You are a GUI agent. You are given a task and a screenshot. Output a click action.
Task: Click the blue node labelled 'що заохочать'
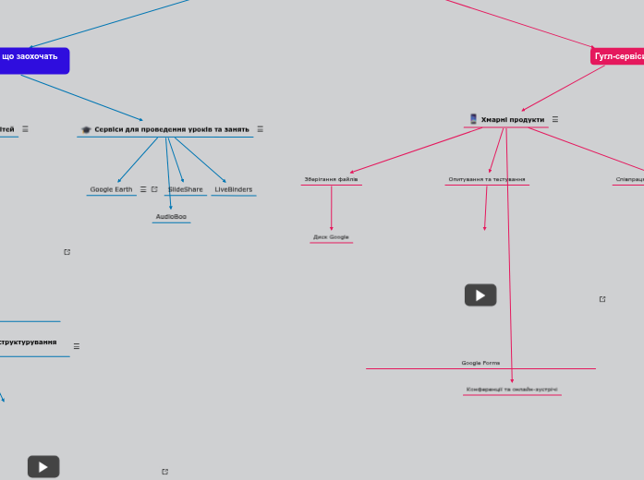coord(31,57)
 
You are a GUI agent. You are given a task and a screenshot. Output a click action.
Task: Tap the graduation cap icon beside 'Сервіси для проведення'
coord(86,129)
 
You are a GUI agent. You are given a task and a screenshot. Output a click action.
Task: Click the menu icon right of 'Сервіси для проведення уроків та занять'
coord(260,129)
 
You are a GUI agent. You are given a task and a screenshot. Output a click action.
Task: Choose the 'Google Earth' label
coord(111,189)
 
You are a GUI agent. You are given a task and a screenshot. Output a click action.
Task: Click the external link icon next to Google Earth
coord(154,189)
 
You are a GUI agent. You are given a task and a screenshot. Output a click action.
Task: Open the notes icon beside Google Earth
coord(142,189)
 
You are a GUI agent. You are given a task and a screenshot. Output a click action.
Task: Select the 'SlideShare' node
coord(186,189)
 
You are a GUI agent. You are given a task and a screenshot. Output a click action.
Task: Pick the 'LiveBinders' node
coord(233,189)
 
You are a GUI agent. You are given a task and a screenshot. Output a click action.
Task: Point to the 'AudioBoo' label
coord(171,217)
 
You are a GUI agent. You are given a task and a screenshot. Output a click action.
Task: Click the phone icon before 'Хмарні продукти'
coord(473,119)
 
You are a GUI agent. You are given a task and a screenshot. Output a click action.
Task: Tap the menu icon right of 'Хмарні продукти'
coord(554,119)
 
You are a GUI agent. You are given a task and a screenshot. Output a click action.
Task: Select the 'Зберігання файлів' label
coord(331,179)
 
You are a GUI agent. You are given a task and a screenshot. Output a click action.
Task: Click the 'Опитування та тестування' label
coord(487,179)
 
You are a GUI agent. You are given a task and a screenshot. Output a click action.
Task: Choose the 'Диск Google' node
coord(331,237)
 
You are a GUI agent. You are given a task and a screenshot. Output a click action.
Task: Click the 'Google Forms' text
coord(480,363)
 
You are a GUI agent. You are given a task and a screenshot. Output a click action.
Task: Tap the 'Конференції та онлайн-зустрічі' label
coord(512,390)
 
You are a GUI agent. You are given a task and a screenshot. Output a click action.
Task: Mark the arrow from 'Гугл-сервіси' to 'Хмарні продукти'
coord(563,89)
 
